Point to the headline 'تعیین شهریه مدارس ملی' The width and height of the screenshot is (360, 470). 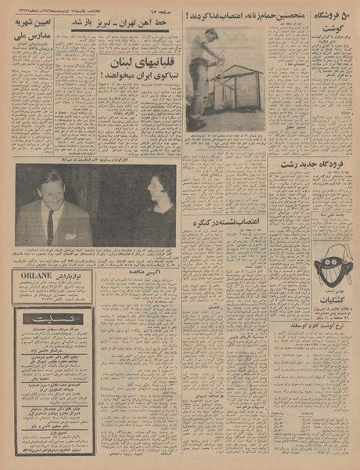coord(33,29)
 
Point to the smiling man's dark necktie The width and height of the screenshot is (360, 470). coord(50,227)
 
